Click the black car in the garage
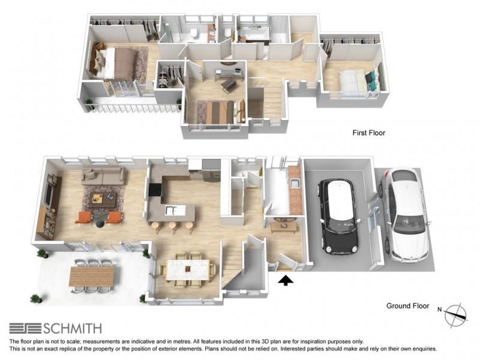point(339,217)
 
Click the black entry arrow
point(286,280)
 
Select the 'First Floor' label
point(368,133)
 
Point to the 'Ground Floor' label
point(407,306)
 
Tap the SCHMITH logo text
point(72,329)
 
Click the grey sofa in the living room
point(103,176)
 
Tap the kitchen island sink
point(171,210)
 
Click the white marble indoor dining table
point(188,269)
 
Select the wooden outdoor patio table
point(92,276)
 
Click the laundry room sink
point(295,183)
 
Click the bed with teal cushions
point(359,80)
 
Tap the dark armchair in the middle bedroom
point(229,84)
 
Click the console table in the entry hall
point(284,227)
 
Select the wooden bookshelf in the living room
point(47,223)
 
